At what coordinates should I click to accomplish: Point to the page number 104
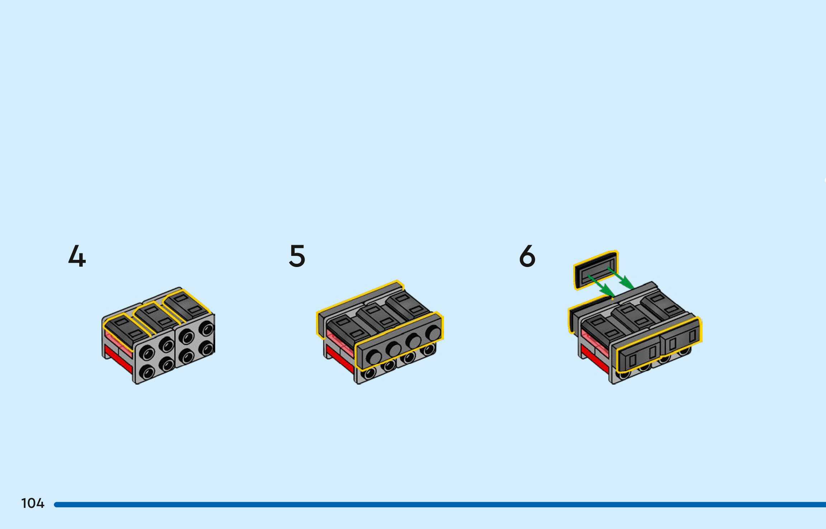33,504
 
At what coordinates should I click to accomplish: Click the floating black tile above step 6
595,270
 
